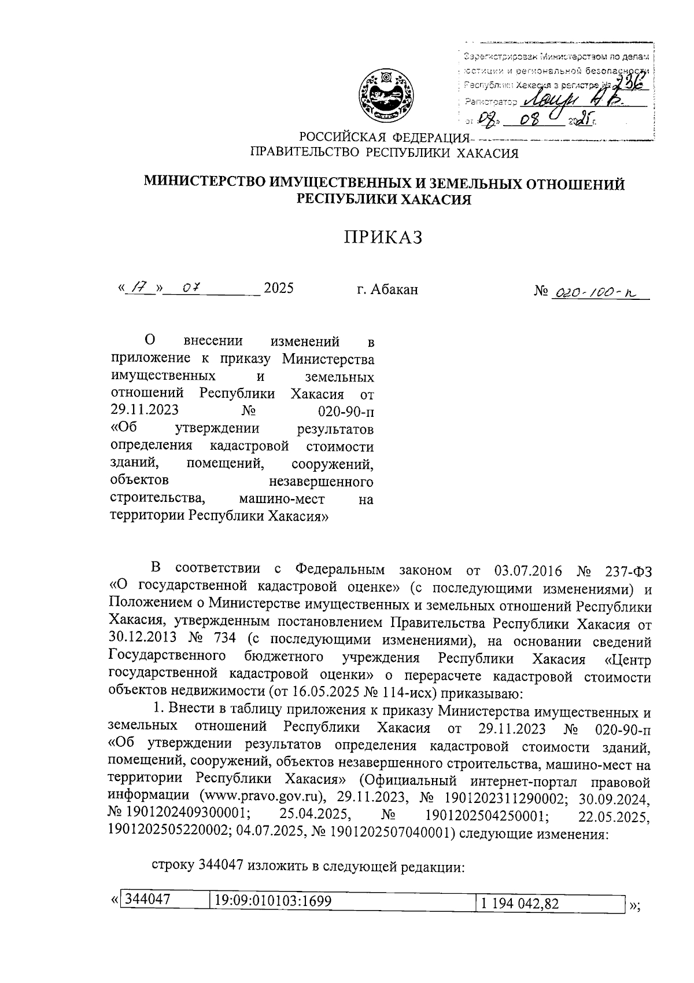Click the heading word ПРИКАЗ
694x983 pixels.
point(383,237)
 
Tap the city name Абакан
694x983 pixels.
point(394,289)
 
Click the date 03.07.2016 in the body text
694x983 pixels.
point(520,571)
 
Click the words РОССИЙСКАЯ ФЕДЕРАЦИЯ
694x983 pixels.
point(382,138)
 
